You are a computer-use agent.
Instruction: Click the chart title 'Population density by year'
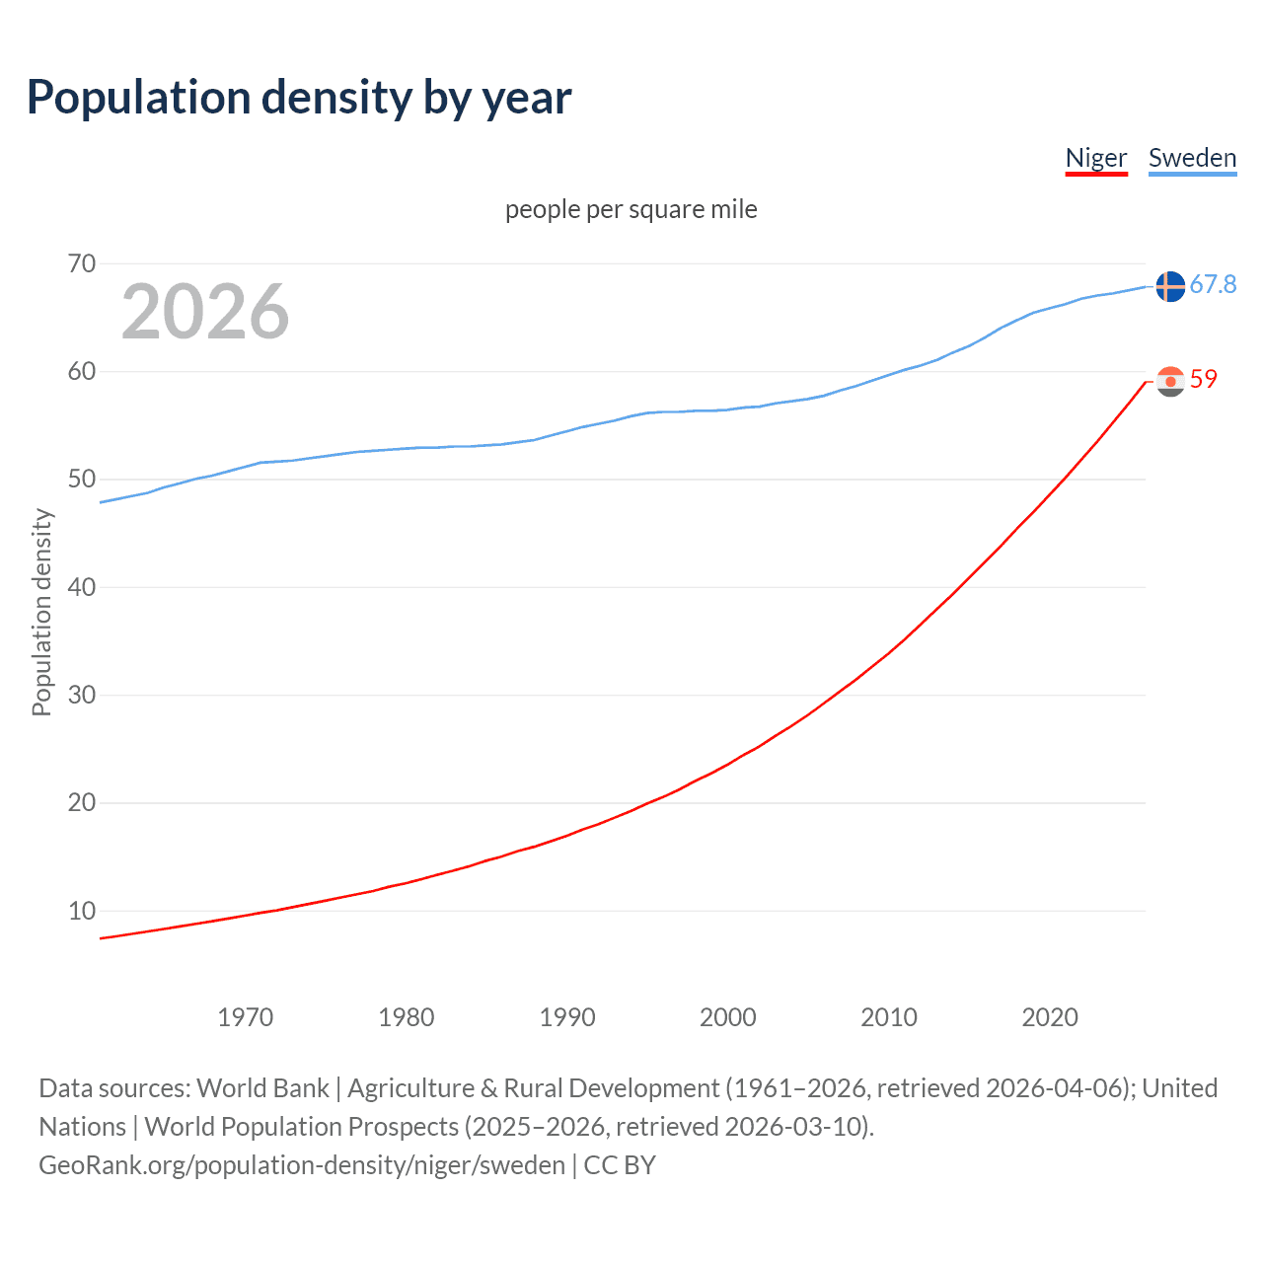pos(299,98)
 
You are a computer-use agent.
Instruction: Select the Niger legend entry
pos(1095,158)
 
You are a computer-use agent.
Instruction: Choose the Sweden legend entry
pos(1192,158)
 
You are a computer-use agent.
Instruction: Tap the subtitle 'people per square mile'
pos(631,210)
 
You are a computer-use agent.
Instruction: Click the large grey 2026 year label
pos(205,312)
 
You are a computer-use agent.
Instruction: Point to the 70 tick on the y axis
pos(82,263)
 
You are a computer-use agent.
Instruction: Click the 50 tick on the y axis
pos(82,480)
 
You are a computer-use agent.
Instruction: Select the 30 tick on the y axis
pos(82,695)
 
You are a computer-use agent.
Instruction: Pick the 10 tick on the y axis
pos(82,911)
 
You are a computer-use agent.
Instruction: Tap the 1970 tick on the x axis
pos(245,1017)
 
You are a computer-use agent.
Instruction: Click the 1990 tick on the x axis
pos(567,1017)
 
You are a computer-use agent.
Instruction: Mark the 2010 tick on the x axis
pos(889,1017)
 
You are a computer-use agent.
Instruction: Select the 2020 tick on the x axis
pos(1050,1017)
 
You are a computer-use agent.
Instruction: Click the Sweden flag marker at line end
pos(1170,286)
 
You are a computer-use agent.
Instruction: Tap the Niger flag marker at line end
pos(1170,381)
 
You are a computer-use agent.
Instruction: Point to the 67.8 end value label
pos(1213,285)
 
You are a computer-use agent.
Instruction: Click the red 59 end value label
pos(1204,380)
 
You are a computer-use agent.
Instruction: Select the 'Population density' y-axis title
pos(41,612)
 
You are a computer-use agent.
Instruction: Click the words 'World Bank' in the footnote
pos(262,1088)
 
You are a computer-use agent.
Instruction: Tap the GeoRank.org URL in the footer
pos(302,1165)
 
